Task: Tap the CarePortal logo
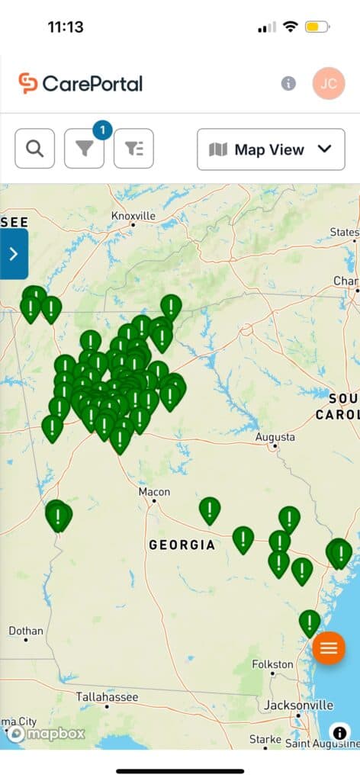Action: [x=81, y=83]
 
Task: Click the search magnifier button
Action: [x=35, y=149]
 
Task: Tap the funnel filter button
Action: [x=84, y=149]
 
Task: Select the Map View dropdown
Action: [x=271, y=149]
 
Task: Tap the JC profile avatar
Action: [x=329, y=83]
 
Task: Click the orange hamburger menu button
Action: [x=329, y=648]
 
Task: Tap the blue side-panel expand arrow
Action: [x=14, y=254]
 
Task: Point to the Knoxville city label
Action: [x=133, y=216]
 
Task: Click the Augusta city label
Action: [x=275, y=438]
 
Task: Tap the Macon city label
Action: [x=154, y=492]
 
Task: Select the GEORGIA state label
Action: [x=182, y=545]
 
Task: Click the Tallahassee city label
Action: [x=107, y=697]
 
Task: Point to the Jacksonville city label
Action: [x=298, y=705]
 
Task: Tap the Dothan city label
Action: [x=26, y=631]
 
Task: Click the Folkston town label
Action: [x=272, y=664]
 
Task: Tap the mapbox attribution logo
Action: [x=46, y=734]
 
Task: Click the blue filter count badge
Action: [x=102, y=130]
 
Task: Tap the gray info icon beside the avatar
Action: [x=288, y=83]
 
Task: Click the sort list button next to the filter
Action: [x=133, y=149]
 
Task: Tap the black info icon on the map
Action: [x=340, y=733]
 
